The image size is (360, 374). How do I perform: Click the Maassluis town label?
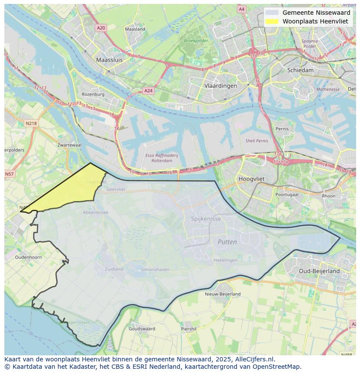(x=109, y=60)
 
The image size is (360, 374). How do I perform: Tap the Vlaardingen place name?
(x=220, y=86)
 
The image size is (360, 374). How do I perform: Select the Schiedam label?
(x=300, y=70)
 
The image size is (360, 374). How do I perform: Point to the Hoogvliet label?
(x=252, y=179)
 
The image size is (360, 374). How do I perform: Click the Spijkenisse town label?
(x=206, y=218)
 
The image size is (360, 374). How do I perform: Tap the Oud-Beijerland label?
(x=319, y=271)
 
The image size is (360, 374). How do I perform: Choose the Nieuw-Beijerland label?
(x=223, y=294)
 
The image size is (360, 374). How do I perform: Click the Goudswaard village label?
(x=142, y=329)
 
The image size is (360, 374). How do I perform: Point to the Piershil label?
(x=189, y=329)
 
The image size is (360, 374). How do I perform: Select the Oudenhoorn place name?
(x=28, y=257)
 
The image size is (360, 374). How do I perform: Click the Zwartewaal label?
(x=69, y=145)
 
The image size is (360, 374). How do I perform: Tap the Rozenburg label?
(x=93, y=94)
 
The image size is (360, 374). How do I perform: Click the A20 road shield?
(x=101, y=28)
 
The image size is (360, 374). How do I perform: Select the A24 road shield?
(x=148, y=91)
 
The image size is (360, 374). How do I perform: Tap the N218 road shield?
(x=31, y=123)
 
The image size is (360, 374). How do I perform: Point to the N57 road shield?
(x=9, y=174)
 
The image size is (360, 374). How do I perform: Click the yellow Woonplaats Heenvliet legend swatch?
(x=272, y=21)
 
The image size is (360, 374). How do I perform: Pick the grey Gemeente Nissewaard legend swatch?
(x=272, y=13)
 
